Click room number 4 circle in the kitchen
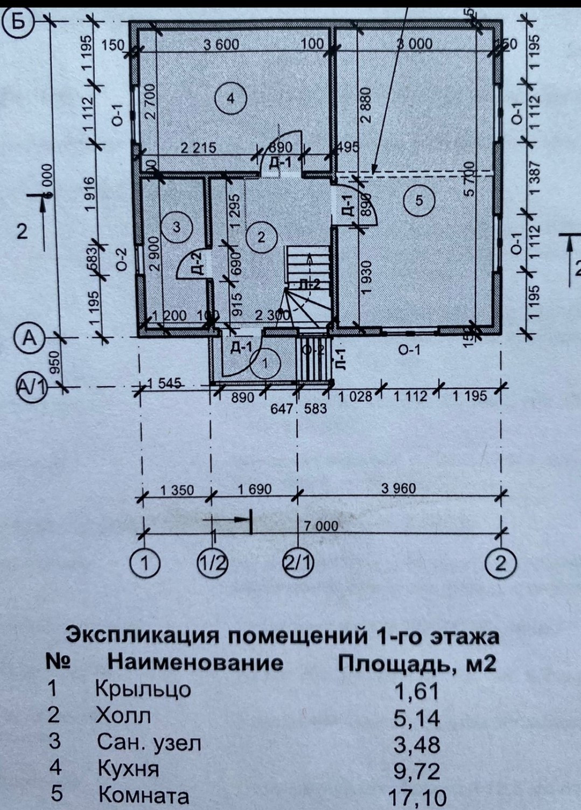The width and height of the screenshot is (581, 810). pyautogui.click(x=230, y=99)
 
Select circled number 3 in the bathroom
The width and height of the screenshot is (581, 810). pyautogui.click(x=178, y=227)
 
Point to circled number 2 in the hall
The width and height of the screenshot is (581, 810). pyautogui.click(x=261, y=237)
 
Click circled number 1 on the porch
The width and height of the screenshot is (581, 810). pyautogui.click(x=265, y=364)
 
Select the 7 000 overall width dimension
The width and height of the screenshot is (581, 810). pyautogui.click(x=321, y=526)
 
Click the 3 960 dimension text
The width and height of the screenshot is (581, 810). pyautogui.click(x=398, y=488)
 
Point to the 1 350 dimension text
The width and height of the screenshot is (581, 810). pyautogui.click(x=177, y=490)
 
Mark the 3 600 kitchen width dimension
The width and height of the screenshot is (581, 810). pyautogui.click(x=221, y=44)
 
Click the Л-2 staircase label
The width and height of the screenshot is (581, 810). pyautogui.click(x=310, y=284)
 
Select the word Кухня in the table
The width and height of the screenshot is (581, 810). pyautogui.click(x=128, y=769)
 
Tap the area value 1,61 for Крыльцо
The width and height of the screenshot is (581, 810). pyautogui.click(x=417, y=690)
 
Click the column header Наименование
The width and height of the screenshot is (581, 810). pyautogui.click(x=195, y=662)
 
